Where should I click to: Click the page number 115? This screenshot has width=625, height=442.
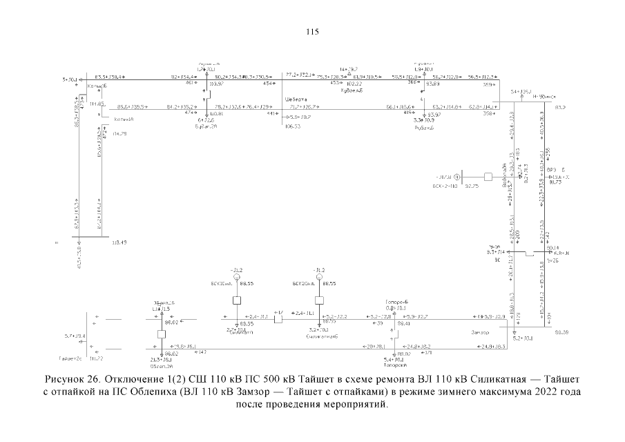(x=312, y=31)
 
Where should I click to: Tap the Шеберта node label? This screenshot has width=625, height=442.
(x=294, y=98)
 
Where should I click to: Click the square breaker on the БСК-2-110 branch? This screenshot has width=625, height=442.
(x=488, y=177)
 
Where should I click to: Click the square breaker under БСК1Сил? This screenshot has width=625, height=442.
(x=236, y=300)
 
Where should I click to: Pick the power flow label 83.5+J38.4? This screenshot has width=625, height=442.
(x=109, y=77)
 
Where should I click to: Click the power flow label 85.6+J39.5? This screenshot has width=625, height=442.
(x=131, y=106)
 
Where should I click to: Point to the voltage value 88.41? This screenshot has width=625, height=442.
(x=403, y=323)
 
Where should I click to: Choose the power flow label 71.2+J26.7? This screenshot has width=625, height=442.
(x=304, y=106)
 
